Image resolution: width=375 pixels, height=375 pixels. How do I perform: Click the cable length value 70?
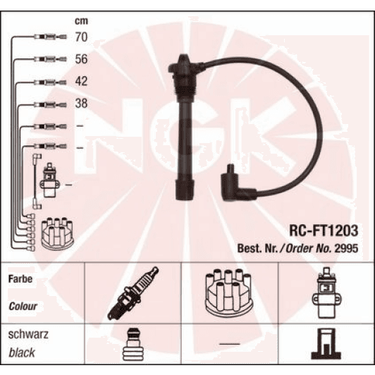click(x=81, y=37)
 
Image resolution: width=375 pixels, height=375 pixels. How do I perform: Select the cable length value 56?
click(x=81, y=59)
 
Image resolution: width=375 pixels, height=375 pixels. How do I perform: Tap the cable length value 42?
click(x=81, y=81)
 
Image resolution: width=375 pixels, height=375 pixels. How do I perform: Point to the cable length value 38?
click(x=81, y=104)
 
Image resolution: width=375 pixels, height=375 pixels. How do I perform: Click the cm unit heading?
click(x=81, y=21)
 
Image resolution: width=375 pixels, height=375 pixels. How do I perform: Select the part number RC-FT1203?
click(x=324, y=230)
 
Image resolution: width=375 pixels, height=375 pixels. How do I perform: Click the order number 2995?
click(x=346, y=249)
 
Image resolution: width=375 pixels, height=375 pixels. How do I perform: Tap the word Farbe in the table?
click(x=20, y=279)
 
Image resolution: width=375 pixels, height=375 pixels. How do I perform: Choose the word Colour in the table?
click(x=23, y=307)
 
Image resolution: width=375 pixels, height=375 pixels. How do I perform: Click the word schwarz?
click(x=28, y=334)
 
